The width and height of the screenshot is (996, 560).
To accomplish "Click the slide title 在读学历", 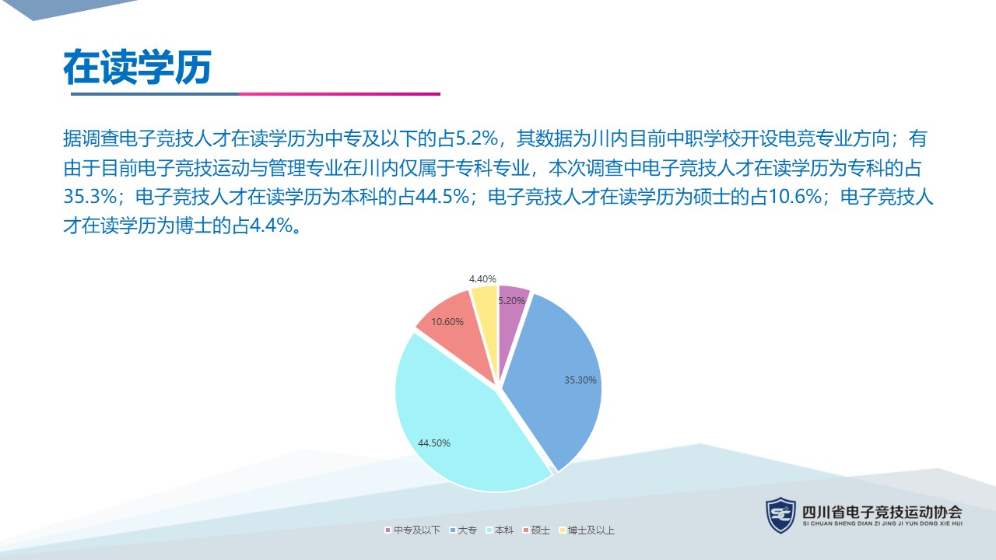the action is tap(137, 67).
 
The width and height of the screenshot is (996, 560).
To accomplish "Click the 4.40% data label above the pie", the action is tap(482, 278).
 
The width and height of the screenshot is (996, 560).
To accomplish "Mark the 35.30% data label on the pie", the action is tap(580, 380).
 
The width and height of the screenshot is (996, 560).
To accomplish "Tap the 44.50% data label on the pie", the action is tap(434, 443).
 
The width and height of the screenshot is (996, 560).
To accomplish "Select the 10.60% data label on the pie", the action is tap(447, 322).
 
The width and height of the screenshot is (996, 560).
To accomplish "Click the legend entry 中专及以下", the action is tap(412, 530).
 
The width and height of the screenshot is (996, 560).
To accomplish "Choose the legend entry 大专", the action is tap(463, 530).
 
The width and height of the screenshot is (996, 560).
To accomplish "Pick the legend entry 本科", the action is tap(500, 530).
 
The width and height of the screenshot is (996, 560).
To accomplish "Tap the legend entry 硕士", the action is tap(536, 530).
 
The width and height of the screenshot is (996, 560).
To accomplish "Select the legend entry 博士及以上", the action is tap(587, 530).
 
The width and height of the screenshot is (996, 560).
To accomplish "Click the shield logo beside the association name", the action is tap(780, 515).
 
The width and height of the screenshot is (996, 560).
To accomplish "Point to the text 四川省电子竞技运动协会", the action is tap(882, 513).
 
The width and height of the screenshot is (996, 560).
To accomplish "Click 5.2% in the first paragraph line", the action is tap(477, 138).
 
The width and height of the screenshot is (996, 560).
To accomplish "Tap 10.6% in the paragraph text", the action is tap(795, 197).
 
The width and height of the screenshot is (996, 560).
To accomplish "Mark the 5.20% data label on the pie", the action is tap(511, 301).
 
